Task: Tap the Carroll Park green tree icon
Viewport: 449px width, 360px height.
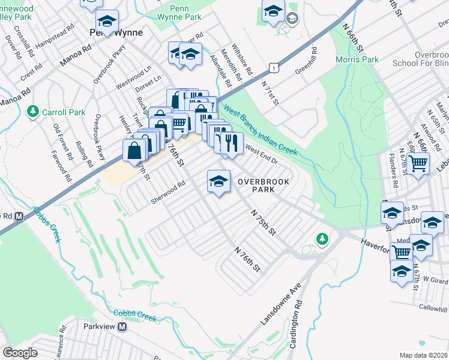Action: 33,112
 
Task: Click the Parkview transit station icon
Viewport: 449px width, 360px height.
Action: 122,327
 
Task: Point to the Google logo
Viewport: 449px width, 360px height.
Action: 20,353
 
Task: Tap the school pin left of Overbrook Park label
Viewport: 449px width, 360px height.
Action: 218,181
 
